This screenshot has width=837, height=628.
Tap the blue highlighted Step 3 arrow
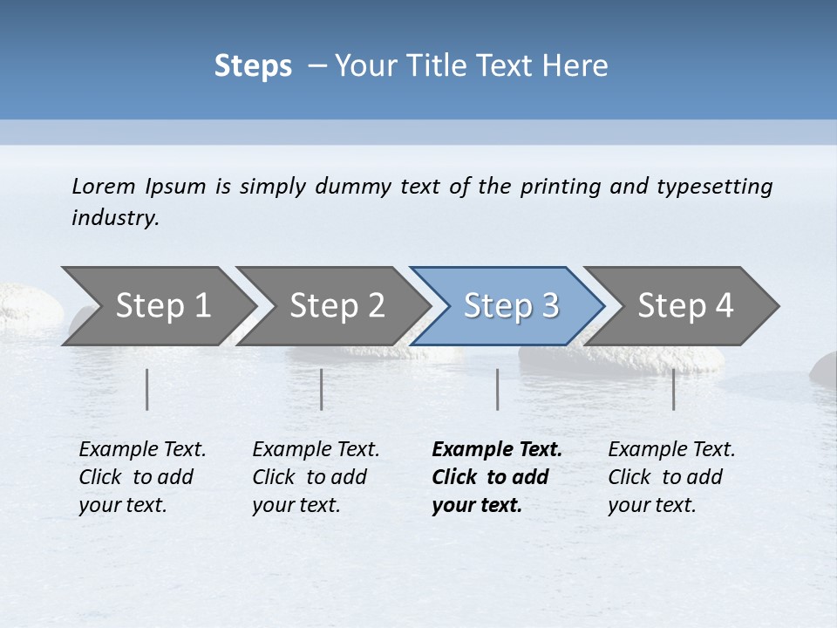pos(510,306)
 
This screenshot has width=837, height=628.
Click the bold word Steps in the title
pos(253,66)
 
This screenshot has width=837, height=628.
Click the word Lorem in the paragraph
pos(103,186)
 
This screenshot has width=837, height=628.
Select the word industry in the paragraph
pos(115,217)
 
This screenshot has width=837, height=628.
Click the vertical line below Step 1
pos(147,389)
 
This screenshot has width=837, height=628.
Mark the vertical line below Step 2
pos(322,389)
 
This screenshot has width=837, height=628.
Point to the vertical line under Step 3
pos(498,389)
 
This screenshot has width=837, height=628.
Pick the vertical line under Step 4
pos(674,389)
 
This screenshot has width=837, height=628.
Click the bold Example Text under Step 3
pos(497,450)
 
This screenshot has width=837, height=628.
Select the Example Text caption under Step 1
pos(142,450)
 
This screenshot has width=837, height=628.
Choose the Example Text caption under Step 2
pos(316,450)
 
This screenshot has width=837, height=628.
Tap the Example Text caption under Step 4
pos(671,450)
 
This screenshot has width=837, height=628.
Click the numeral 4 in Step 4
pos(724,306)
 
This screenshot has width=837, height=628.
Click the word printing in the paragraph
pos(560,186)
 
